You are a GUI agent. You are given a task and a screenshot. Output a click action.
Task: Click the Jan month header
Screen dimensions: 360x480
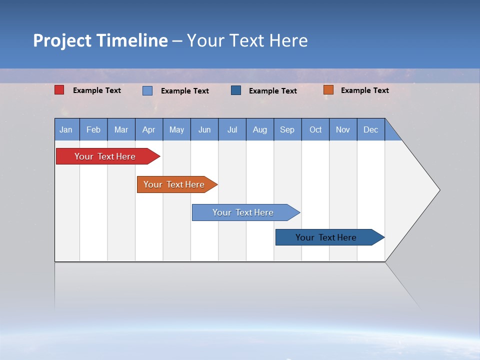pyautogui.click(x=66, y=130)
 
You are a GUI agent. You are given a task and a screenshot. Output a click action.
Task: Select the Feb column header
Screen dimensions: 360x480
pyautogui.click(x=93, y=130)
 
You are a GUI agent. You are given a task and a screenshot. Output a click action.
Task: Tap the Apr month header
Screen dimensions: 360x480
pyautogui.click(x=149, y=130)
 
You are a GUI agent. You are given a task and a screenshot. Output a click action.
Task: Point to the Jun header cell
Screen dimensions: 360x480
pyautogui.click(x=204, y=130)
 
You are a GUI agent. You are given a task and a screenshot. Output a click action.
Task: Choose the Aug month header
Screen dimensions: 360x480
pyautogui.click(x=260, y=130)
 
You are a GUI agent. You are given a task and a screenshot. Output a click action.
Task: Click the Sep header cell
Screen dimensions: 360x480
pyautogui.click(x=287, y=130)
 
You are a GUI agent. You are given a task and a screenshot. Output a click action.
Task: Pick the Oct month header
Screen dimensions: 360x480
pyautogui.click(x=315, y=130)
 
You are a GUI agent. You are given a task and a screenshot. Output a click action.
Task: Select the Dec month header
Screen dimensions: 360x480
pyautogui.click(x=371, y=130)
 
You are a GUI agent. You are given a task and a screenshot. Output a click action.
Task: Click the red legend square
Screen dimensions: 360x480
pyautogui.click(x=59, y=90)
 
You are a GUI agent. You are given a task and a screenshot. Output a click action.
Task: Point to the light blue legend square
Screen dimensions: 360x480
pyautogui.click(x=147, y=90)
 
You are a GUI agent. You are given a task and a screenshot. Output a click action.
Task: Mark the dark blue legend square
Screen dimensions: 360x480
pyautogui.click(x=236, y=90)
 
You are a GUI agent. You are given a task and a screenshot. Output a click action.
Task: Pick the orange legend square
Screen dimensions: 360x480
pyautogui.click(x=328, y=90)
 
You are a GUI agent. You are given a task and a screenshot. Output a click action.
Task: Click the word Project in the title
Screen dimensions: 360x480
pyautogui.click(x=62, y=40)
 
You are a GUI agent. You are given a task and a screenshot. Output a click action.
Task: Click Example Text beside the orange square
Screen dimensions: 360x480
pyautogui.click(x=365, y=90)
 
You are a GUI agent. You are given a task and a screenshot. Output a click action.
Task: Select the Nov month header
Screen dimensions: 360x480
pyautogui.click(x=343, y=130)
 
